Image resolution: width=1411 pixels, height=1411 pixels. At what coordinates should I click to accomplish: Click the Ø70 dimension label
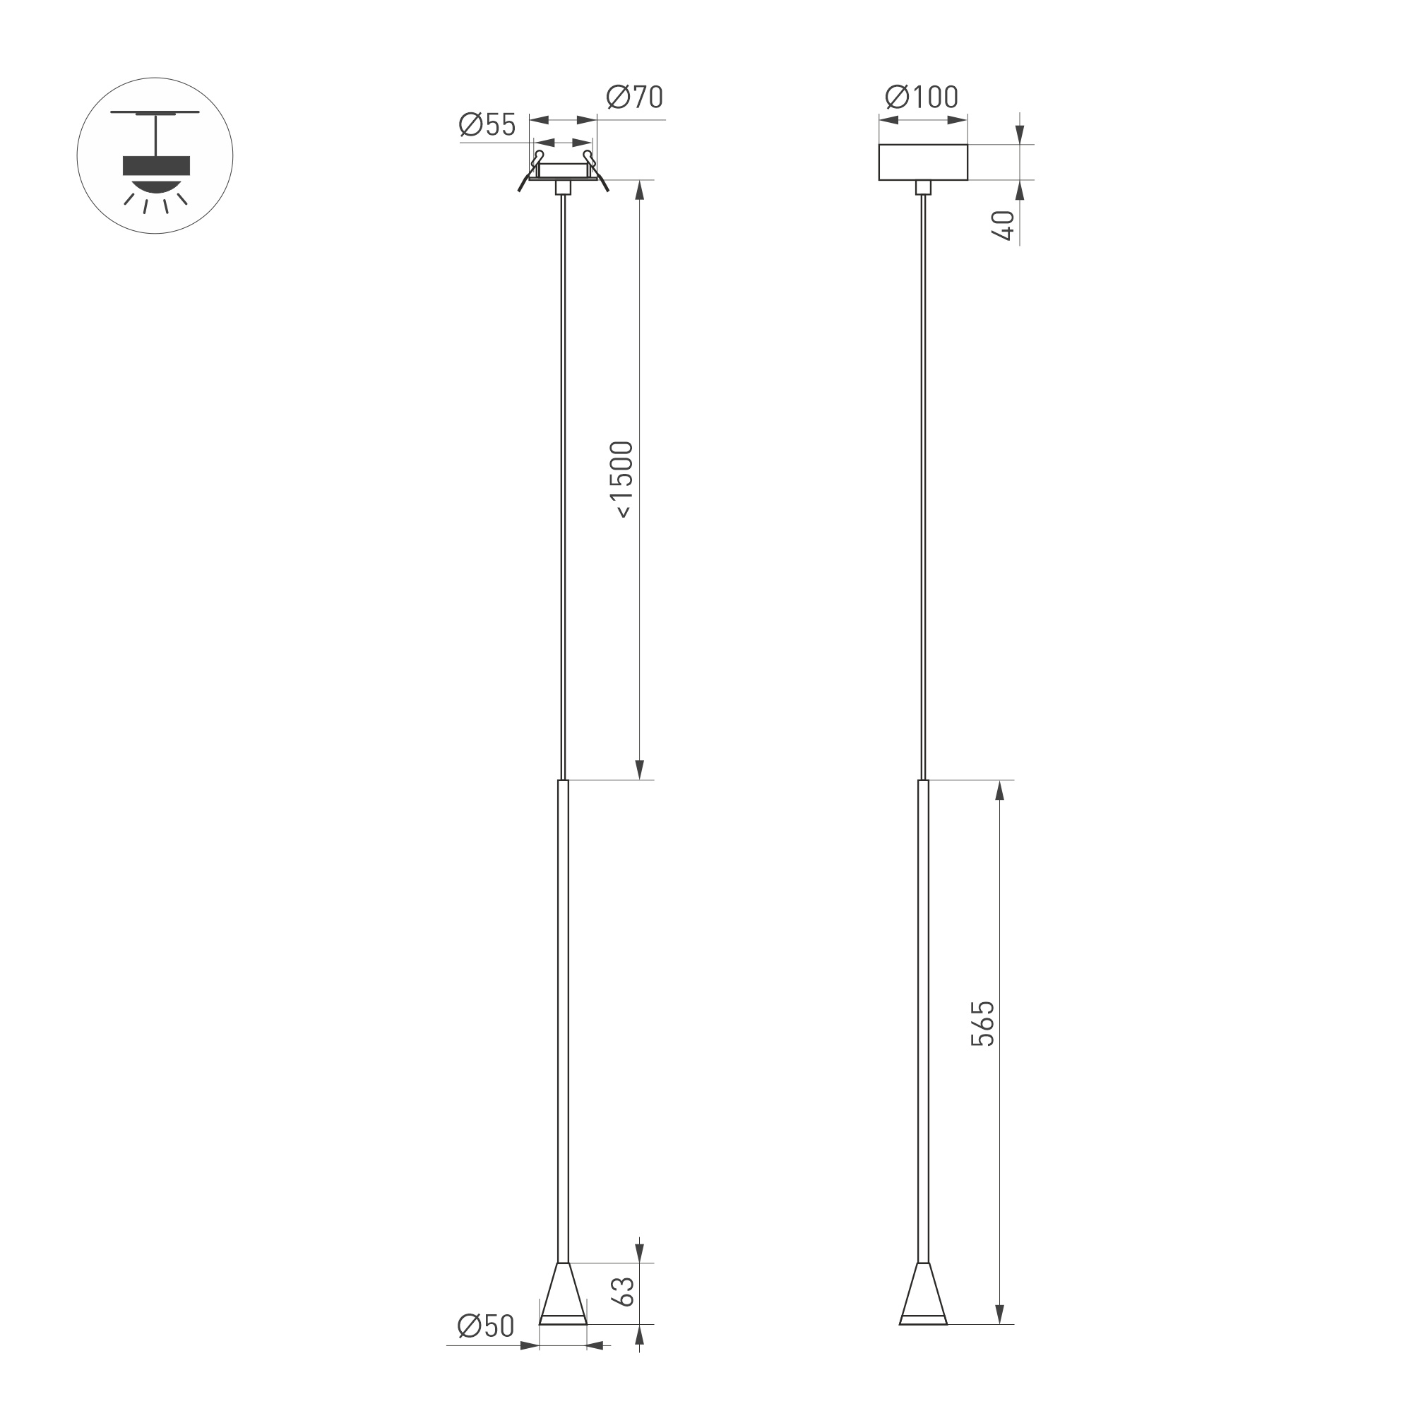point(635,97)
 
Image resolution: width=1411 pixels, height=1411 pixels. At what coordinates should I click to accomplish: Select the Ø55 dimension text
point(487,125)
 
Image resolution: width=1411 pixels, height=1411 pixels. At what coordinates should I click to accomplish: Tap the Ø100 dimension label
point(922,97)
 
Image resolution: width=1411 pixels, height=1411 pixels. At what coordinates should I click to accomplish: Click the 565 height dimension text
point(983,1024)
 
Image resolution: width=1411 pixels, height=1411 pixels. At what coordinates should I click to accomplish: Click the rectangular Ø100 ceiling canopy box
point(923,162)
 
